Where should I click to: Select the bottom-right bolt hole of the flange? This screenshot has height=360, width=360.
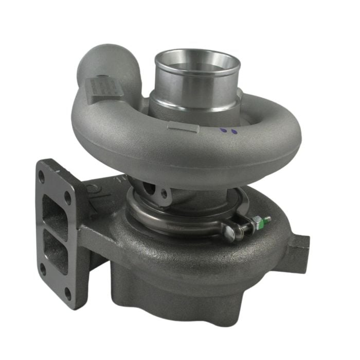click(x=68, y=294)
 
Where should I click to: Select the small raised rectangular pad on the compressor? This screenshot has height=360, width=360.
click(x=183, y=127)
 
